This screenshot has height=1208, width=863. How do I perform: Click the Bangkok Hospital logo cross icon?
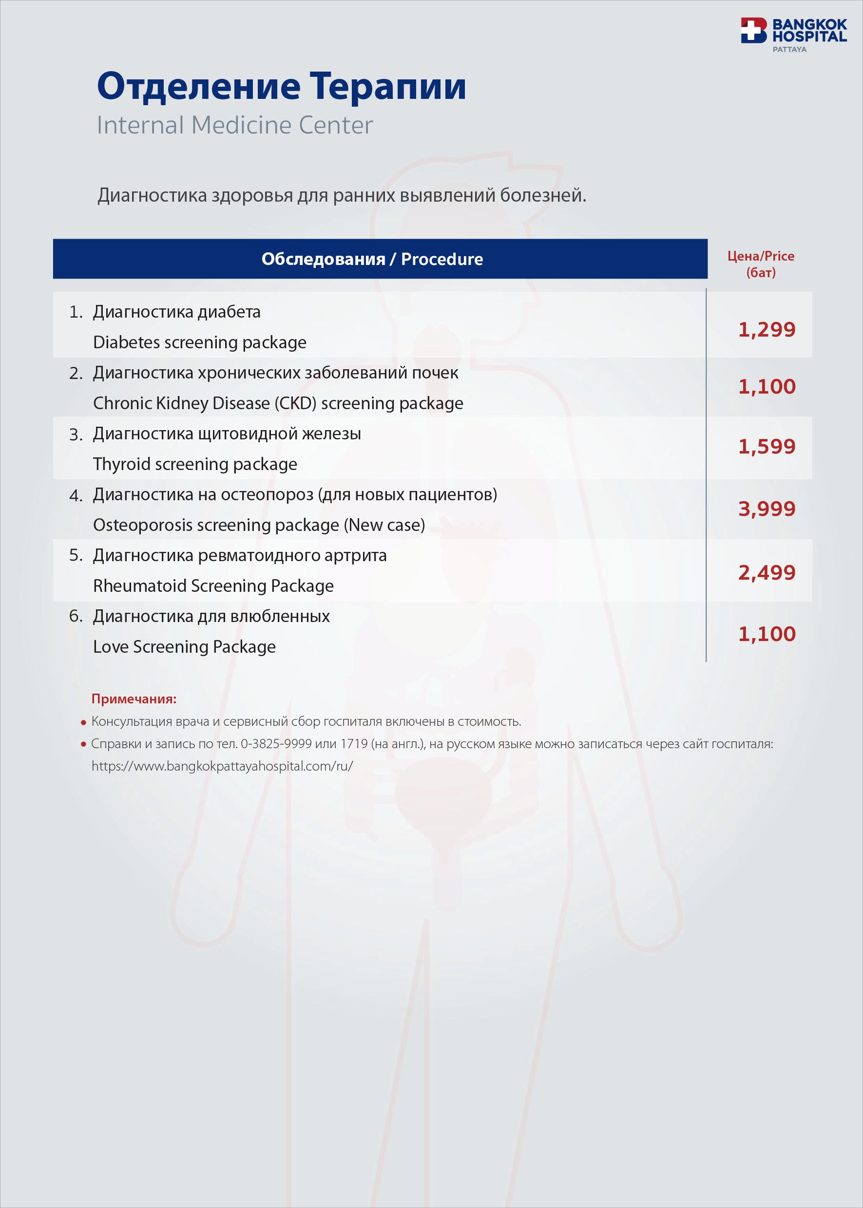click(x=753, y=30)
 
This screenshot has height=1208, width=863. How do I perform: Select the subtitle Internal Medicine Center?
click(x=234, y=125)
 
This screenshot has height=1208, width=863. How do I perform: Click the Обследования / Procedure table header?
click(x=372, y=259)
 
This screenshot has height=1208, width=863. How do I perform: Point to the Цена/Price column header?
click(x=761, y=264)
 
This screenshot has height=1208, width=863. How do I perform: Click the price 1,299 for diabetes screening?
click(x=767, y=330)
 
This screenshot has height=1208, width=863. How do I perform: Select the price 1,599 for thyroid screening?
click(x=767, y=447)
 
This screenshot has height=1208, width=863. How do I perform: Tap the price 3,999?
click(x=767, y=509)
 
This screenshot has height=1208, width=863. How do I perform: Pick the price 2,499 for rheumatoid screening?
click(x=767, y=573)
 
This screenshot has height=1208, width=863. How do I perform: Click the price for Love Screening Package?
click(x=767, y=634)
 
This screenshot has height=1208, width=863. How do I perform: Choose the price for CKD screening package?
click(x=767, y=387)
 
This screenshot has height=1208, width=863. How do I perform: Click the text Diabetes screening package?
click(x=199, y=342)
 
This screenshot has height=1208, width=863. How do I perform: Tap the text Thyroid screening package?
click(x=195, y=464)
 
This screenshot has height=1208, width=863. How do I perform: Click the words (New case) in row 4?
click(x=384, y=526)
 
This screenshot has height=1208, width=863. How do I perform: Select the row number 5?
click(x=76, y=556)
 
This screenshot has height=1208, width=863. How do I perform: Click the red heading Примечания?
click(x=134, y=699)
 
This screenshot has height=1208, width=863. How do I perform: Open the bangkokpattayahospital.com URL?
click(x=222, y=766)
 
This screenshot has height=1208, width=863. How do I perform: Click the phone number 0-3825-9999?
click(x=276, y=744)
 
